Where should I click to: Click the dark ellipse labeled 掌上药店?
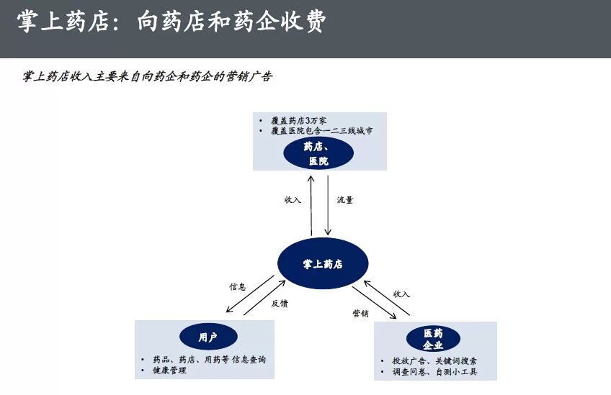(x=323, y=264)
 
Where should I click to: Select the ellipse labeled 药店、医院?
(x=318, y=154)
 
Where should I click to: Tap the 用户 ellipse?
(x=208, y=337)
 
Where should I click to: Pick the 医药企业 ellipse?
(x=433, y=339)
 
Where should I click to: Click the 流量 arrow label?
(x=345, y=200)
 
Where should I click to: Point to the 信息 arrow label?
(x=238, y=286)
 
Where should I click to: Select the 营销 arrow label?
(x=361, y=313)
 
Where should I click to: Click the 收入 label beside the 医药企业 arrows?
(x=401, y=294)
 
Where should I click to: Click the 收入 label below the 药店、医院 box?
(x=293, y=200)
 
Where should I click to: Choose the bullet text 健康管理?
(x=169, y=371)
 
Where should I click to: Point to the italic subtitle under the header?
(x=148, y=77)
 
